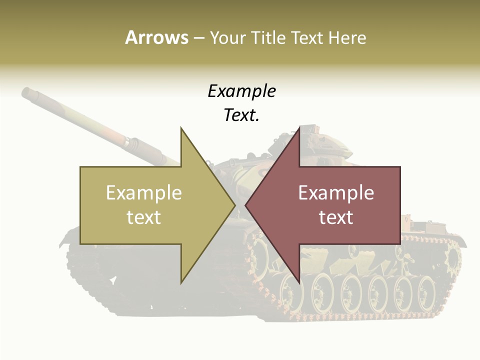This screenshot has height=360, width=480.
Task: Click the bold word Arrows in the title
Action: pos(156,37)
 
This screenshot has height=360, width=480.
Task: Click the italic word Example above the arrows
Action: pos(241,91)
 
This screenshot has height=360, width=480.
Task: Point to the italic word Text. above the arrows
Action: pos(241,115)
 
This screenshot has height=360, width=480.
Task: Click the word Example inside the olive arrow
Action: pos(144,193)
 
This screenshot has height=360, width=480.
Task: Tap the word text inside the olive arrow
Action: pos(144,217)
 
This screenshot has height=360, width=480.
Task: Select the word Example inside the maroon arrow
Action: pos(336,193)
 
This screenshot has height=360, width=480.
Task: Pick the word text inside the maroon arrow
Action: pos(336,217)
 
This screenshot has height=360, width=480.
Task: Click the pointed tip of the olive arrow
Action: pos(234,205)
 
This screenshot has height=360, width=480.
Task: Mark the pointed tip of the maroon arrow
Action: pos(246,205)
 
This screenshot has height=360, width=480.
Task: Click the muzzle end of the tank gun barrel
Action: pos(27,92)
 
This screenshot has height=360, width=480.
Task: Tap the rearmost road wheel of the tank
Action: pos(426,289)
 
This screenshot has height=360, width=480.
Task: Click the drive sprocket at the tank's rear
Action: pos(452,258)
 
